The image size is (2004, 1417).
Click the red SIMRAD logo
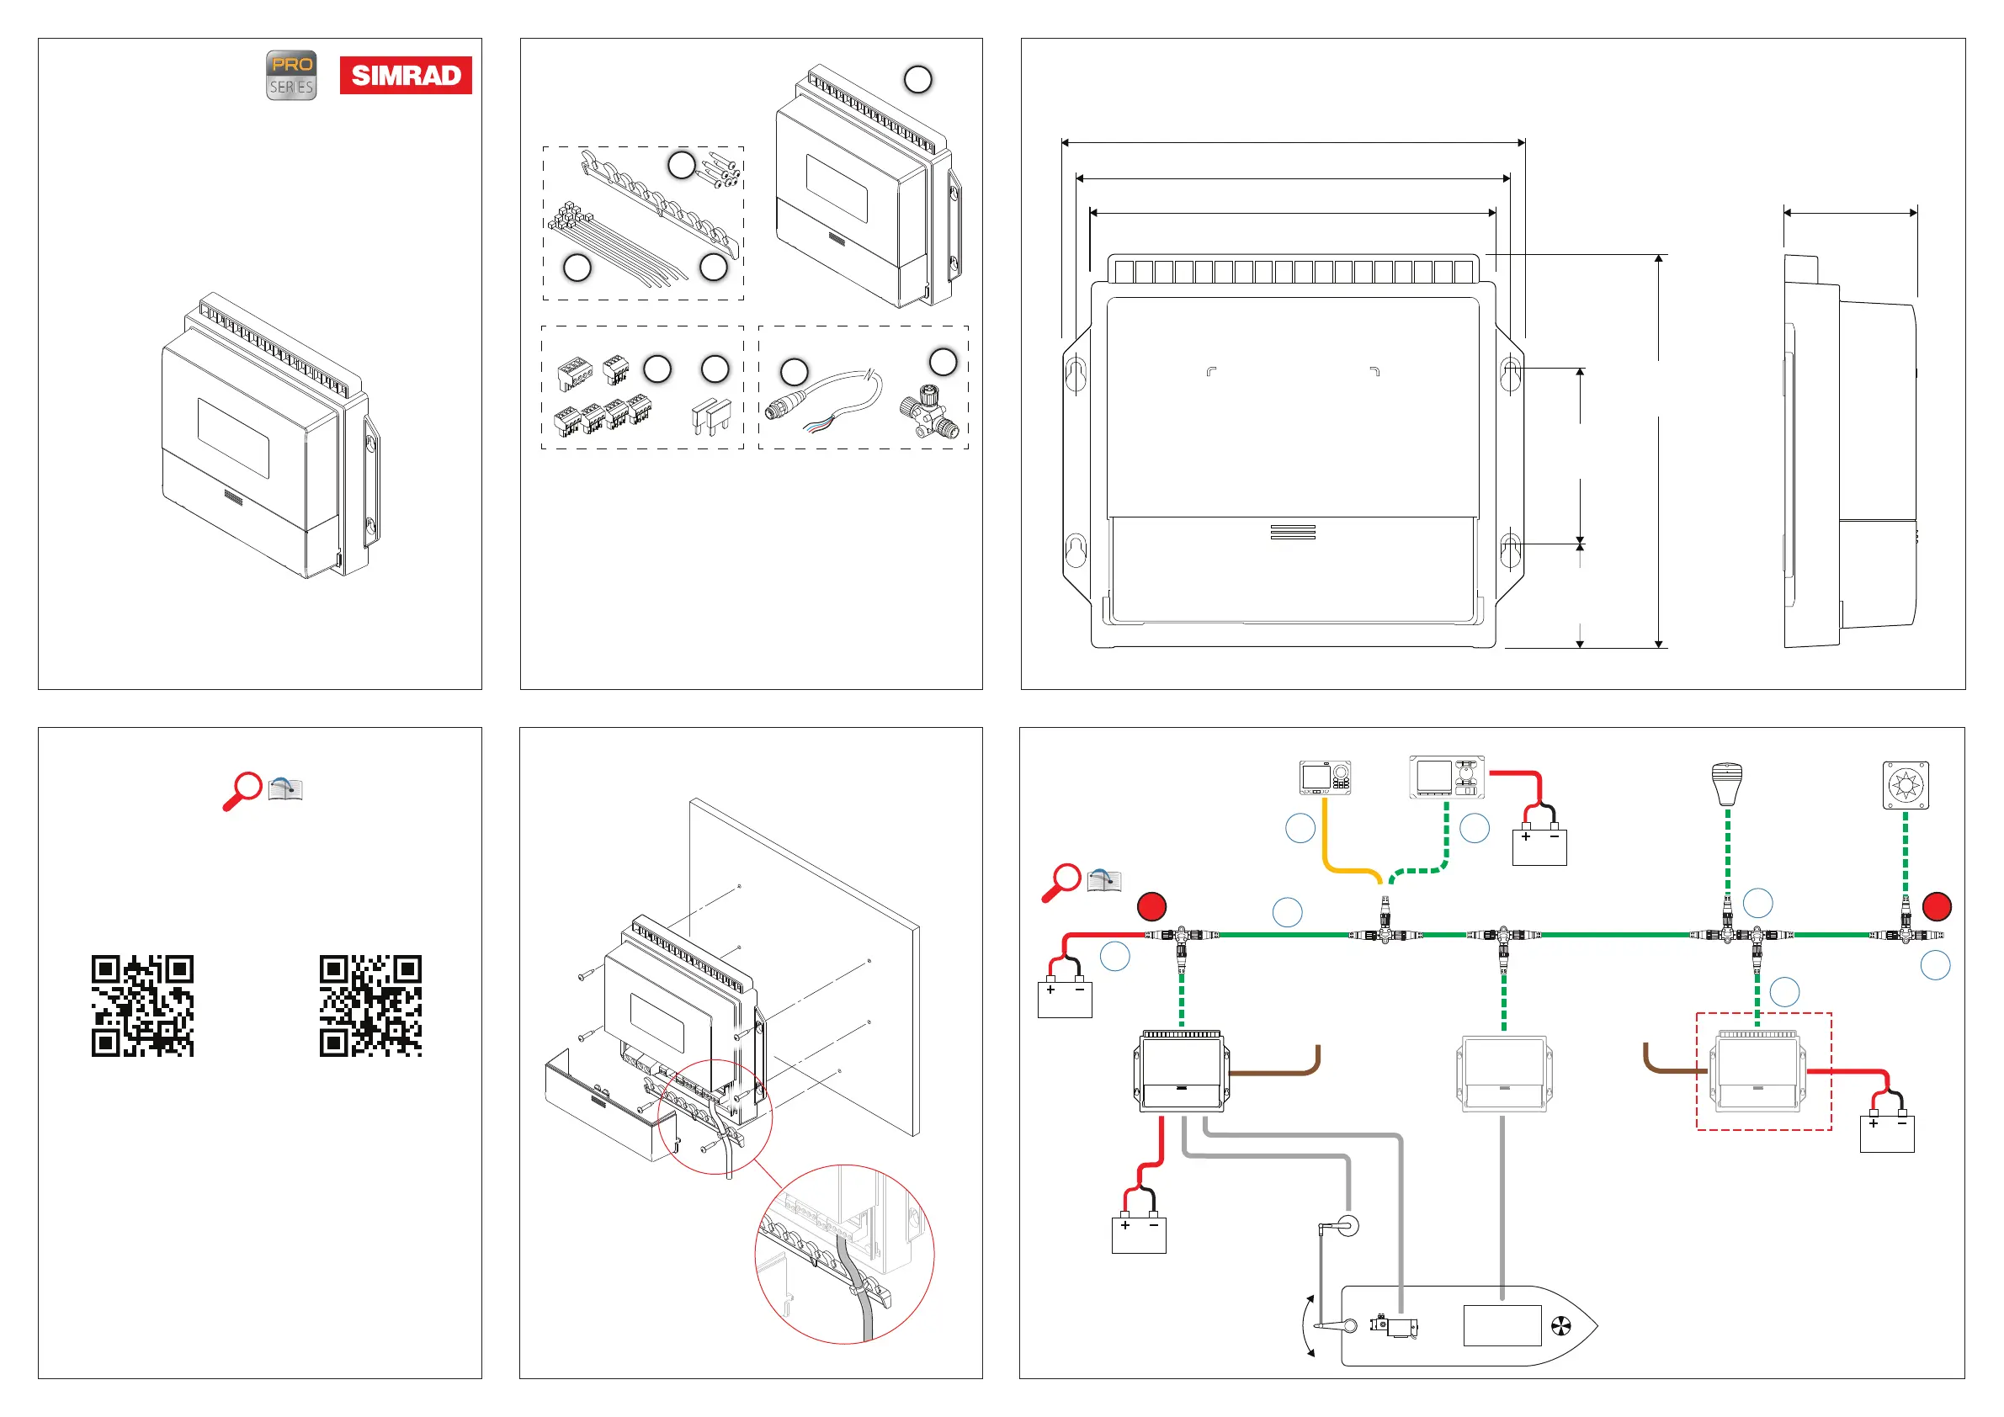(406, 75)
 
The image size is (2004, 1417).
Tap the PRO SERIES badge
(291, 75)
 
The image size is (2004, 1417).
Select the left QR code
(142, 1006)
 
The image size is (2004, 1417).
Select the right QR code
(371, 1006)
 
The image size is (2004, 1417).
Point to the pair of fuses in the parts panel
(712, 417)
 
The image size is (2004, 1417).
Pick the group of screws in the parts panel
(720, 167)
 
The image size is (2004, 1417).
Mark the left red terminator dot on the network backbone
(1152, 906)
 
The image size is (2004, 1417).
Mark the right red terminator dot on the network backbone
(1938, 906)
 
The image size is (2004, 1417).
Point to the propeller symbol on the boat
(1560, 1326)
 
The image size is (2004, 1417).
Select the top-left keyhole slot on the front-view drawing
(1076, 373)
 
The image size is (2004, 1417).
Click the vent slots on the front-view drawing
(1293, 533)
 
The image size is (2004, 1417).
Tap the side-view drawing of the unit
(1850, 451)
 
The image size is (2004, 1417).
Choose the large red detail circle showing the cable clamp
(844, 1254)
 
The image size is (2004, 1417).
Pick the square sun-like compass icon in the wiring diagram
(1906, 785)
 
